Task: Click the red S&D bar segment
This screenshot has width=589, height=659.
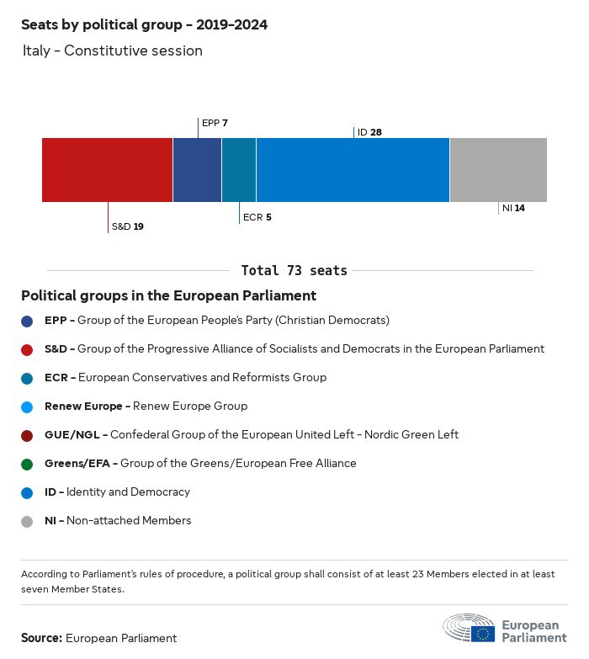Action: pyautogui.click(x=107, y=169)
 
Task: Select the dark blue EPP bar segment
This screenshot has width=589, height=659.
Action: pyautogui.click(x=197, y=169)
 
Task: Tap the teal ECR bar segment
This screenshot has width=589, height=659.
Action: pyautogui.click(x=239, y=169)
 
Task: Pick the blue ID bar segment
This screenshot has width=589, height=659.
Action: pyautogui.click(x=353, y=169)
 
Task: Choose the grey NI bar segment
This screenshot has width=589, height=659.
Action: pyautogui.click(x=498, y=169)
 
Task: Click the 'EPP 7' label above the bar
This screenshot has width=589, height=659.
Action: pyautogui.click(x=215, y=123)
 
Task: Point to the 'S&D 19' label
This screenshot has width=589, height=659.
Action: pyautogui.click(x=128, y=226)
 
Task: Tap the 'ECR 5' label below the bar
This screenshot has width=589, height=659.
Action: pyautogui.click(x=257, y=217)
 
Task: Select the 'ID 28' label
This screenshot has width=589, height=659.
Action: pyautogui.click(x=369, y=132)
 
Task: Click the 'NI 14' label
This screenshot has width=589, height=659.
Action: pyautogui.click(x=513, y=208)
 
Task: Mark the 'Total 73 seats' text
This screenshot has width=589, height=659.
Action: pyautogui.click(x=294, y=270)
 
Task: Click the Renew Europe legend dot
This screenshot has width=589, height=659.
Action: pyautogui.click(x=28, y=407)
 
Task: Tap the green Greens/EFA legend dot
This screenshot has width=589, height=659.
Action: pyautogui.click(x=28, y=464)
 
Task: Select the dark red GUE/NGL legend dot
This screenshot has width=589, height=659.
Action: pyautogui.click(x=28, y=435)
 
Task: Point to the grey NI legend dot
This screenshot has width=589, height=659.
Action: pyautogui.click(x=28, y=521)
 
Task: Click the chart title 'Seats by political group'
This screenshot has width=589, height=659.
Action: pyautogui.click(x=144, y=24)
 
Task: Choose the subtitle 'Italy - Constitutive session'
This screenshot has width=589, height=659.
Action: pyautogui.click(x=112, y=50)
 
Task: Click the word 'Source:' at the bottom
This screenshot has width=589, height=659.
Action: pyautogui.click(x=41, y=638)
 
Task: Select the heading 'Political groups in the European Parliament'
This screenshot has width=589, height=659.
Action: pyautogui.click(x=168, y=295)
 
